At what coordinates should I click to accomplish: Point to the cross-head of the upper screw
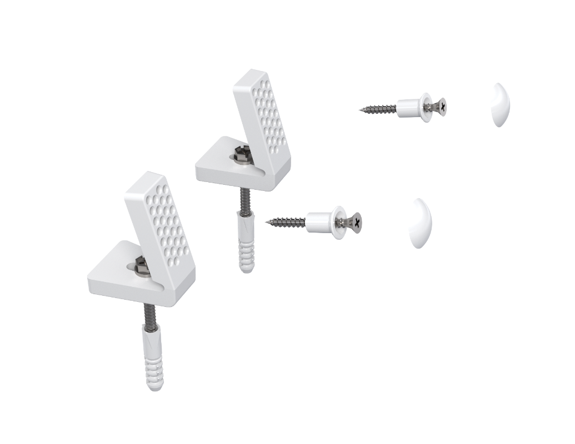[x=441, y=104]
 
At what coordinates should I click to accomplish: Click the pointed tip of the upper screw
[x=360, y=110]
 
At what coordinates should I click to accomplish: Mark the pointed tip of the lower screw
[x=266, y=223]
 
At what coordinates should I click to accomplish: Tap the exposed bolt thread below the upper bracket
[x=243, y=200]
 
